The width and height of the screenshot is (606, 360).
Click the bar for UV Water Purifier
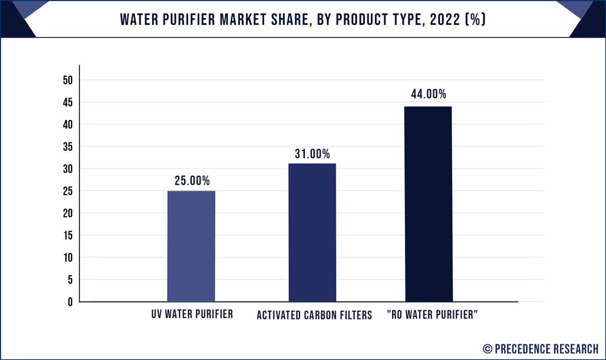[191, 246]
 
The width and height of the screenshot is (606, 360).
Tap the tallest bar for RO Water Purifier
[428, 204]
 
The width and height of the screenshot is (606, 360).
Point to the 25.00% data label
[191, 181]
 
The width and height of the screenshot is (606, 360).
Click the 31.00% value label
[312, 154]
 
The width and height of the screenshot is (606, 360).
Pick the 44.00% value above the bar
[428, 94]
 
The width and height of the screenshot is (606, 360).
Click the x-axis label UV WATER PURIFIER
[193, 315]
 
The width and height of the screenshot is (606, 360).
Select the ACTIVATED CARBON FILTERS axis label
[314, 315]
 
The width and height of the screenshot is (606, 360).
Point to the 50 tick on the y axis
[67, 80]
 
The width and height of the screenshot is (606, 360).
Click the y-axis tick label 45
[67, 102]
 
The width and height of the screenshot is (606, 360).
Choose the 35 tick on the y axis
[67, 147]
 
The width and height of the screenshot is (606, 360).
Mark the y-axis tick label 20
[67, 213]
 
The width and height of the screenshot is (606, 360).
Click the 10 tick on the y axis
[67, 258]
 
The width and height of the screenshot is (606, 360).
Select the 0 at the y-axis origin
[70, 302]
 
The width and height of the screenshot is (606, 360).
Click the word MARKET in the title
[239, 19]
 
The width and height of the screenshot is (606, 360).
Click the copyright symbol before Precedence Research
[487, 348]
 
